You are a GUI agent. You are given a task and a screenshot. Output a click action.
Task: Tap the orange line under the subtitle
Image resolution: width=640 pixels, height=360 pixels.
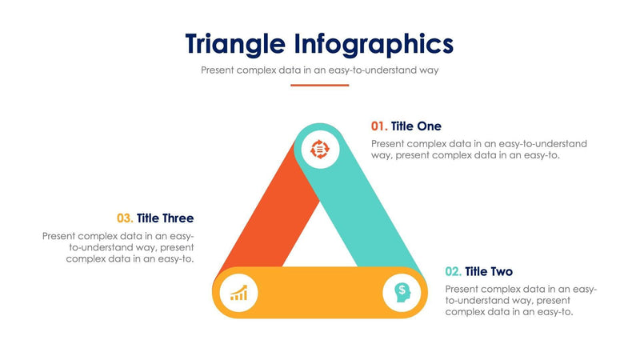click(x=319, y=85)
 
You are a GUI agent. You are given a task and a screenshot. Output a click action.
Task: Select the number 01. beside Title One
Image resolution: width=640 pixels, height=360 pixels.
click(x=379, y=126)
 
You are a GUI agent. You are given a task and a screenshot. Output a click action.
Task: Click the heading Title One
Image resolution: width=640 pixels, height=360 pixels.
click(x=416, y=126)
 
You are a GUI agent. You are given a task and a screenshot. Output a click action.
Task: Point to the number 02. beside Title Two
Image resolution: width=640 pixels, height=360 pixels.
click(x=453, y=271)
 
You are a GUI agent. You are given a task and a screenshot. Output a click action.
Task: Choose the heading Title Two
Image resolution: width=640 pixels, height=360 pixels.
click(x=489, y=271)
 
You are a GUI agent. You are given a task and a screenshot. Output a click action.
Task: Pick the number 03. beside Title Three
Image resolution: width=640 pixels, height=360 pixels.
click(x=125, y=218)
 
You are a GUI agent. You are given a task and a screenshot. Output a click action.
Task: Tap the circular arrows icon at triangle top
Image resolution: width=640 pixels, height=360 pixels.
click(x=320, y=149)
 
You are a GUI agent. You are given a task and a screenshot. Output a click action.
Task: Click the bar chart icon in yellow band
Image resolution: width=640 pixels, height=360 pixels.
click(x=238, y=293)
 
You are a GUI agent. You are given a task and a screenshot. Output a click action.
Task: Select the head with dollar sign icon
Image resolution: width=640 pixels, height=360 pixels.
click(x=402, y=293)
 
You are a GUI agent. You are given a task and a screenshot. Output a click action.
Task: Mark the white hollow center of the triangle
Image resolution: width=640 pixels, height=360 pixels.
click(x=320, y=240)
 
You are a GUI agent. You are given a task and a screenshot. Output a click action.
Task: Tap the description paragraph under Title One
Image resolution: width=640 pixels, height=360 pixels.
click(x=478, y=150)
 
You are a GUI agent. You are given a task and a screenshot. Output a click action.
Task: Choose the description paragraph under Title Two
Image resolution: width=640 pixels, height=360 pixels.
click(x=520, y=300)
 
